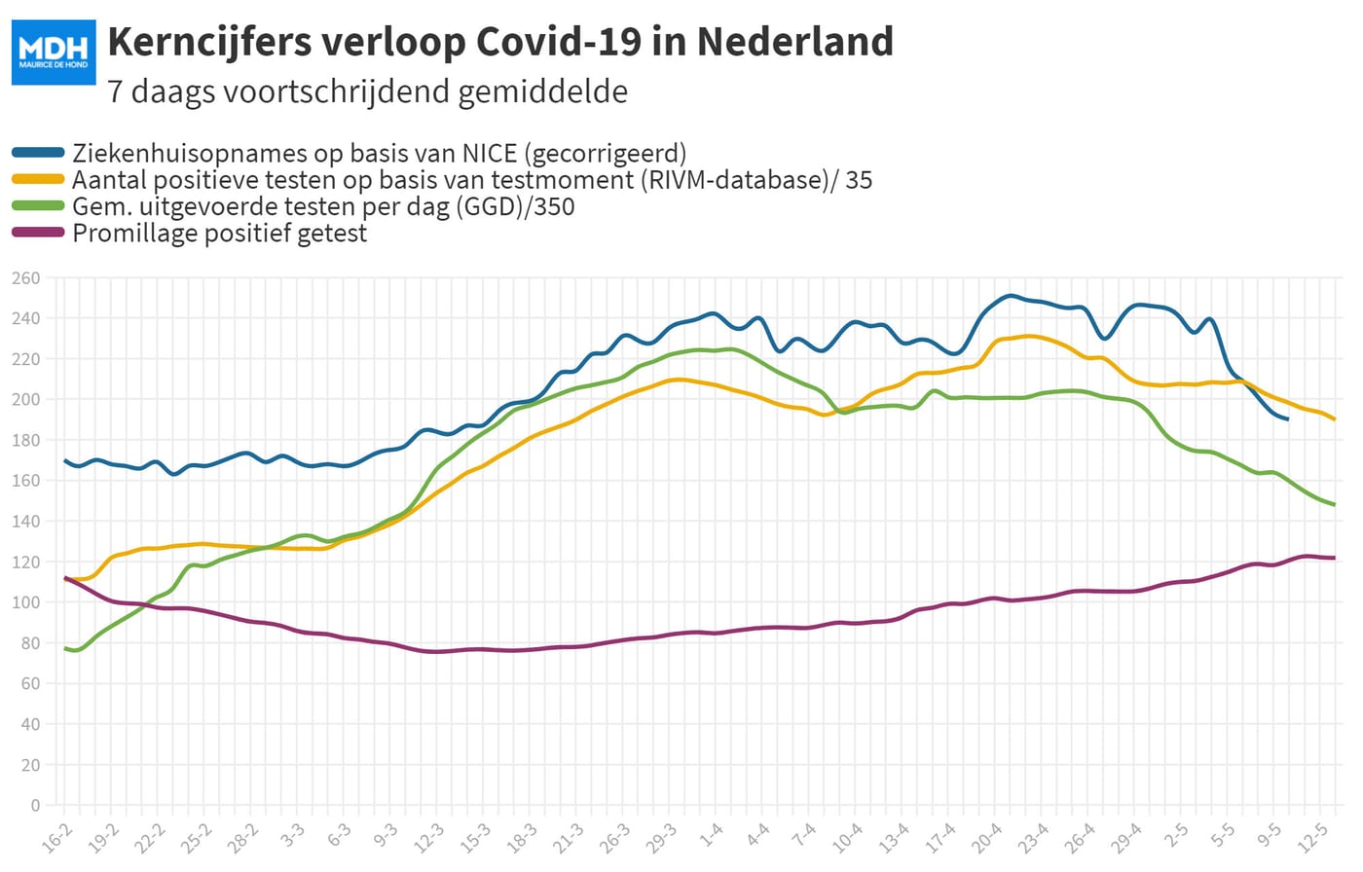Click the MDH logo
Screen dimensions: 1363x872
54,53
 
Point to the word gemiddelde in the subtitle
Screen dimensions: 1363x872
543,91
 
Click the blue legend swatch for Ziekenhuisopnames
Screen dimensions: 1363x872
38,153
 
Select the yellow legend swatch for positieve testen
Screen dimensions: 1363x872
38,179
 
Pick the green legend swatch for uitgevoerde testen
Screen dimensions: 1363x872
38,205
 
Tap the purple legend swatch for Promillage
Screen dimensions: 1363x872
38,233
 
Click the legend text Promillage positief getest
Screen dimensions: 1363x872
220,233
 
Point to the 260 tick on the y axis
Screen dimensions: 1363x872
25,278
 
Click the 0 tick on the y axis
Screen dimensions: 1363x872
35,805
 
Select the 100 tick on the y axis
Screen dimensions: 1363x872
25,602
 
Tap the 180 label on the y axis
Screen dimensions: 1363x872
25,440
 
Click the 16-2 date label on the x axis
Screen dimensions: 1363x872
56,839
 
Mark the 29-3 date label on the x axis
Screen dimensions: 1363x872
661,839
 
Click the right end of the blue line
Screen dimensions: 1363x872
1287,419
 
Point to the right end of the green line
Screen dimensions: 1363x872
1335,505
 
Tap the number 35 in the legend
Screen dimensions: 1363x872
859,180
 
